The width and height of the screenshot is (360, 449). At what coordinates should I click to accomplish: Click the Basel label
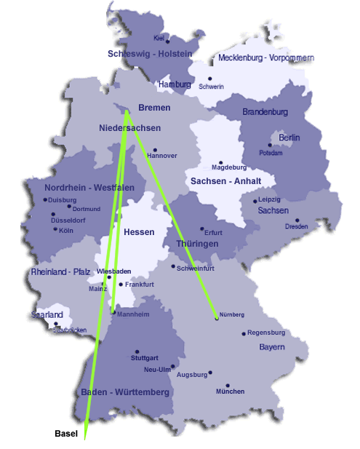pyautogui.click(x=66, y=434)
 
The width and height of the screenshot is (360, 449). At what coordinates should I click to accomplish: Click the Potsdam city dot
pyautogui.click(x=269, y=145)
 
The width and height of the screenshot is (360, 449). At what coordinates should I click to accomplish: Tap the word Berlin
pyautogui.click(x=289, y=138)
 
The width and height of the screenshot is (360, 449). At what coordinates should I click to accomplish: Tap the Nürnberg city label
pyautogui.click(x=232, y=314)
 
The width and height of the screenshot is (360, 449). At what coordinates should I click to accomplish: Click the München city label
pyautogui.click(x=230, y=392)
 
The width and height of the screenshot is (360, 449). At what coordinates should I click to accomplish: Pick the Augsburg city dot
pyautogui.click(x=210, y=373)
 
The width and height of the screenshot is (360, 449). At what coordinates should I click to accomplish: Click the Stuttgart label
pyautogui.click(x=144, y=359)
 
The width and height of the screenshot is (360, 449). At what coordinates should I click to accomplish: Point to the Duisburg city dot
pyautogui.click(x=45, y=199)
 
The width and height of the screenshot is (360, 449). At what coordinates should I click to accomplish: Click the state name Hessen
pyautogui.click(x=139, y=232)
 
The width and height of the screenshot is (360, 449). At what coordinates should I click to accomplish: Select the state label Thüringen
pyautogui.click(x=197, y=244)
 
